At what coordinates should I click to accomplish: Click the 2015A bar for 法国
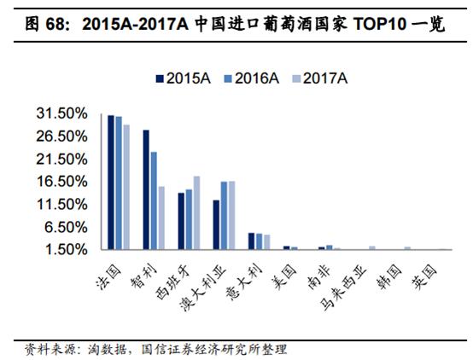111,182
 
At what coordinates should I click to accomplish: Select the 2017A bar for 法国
126,187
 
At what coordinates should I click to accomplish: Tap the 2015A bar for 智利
146,189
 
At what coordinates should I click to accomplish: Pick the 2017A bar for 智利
161,218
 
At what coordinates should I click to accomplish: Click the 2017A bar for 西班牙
196,212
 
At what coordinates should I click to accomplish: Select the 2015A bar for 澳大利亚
216,224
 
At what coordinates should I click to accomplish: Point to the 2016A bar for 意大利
259,241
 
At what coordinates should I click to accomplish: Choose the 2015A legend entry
182,78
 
